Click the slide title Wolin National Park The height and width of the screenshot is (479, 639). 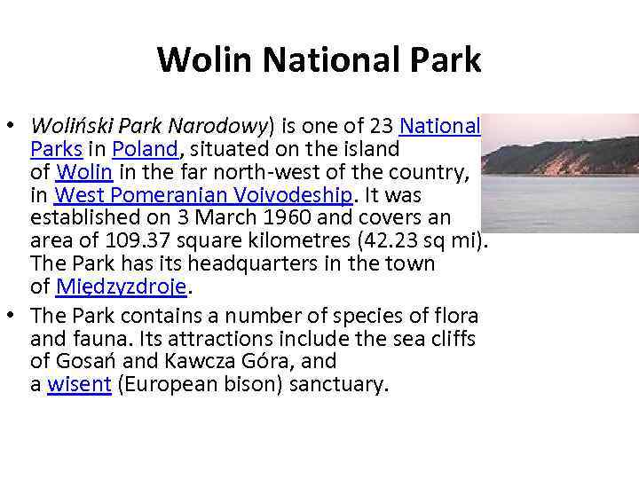pyautogui.click(x=319, y=59)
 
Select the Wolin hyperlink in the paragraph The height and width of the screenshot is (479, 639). pyautogui.click(x=83, y=171)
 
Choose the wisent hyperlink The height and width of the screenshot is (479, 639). pyautogui.click(x=79, y=386)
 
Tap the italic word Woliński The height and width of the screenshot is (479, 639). pyautogui.click(x=67, y=125)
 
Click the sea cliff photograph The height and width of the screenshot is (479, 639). pyautogui.click(x=560, y=174)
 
